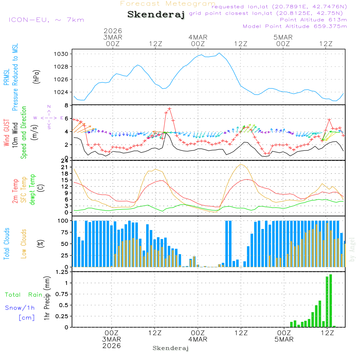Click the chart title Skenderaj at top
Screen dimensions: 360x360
point(156,14)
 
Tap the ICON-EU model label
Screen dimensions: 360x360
point(46,19)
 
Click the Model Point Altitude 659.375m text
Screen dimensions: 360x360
point(295,26)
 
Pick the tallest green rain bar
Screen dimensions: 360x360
point(330,300)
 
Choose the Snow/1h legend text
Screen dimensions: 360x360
point(20,308)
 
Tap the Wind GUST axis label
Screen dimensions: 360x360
point(6,133)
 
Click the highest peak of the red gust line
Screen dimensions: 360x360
point(169,108)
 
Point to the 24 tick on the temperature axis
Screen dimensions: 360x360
point(64,161)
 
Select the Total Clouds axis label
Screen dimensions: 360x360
point(6,243)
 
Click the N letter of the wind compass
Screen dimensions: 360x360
point(49,107)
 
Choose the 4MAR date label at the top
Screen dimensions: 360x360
point(198,37)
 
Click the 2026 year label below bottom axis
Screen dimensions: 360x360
point(112,346)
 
